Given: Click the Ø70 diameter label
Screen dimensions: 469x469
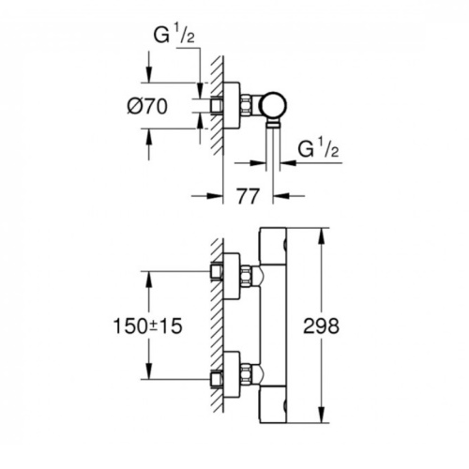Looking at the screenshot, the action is tap(147, 106).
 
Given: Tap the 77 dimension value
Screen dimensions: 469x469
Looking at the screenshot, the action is tap(248, 196).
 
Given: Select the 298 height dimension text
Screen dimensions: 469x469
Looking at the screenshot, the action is tap(321, 326).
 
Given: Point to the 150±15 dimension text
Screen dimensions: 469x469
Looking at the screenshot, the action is tap(147, 326).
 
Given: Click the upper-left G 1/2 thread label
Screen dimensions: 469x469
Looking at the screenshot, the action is tap(174, 35).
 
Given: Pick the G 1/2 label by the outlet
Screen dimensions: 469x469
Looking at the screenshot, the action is tap(318, 148).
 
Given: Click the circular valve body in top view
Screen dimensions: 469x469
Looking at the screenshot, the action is tap(274, 106).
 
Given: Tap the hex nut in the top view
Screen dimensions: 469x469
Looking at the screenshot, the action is tap(247, 105).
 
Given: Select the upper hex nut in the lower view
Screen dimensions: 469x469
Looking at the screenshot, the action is tap(247, 276).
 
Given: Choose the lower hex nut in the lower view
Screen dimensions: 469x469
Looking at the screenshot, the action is tap(247, 374).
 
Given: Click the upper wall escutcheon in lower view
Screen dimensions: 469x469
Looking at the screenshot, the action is tap(232, 276).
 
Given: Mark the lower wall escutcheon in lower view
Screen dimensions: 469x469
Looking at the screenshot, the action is tap(232, 374).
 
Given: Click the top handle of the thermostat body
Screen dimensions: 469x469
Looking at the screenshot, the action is tap(273, 246).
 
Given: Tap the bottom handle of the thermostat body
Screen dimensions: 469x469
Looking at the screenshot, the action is tap(273, 405).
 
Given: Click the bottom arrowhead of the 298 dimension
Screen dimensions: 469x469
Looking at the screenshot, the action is tap(322, 416).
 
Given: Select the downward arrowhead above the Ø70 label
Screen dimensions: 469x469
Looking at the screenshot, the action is tap(149, 74).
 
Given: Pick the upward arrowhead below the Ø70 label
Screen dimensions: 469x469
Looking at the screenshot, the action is tap(149, 136).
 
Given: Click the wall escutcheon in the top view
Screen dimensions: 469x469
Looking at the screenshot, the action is tap(232, 105).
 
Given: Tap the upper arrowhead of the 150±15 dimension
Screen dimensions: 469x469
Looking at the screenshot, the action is tap(149, 280).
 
